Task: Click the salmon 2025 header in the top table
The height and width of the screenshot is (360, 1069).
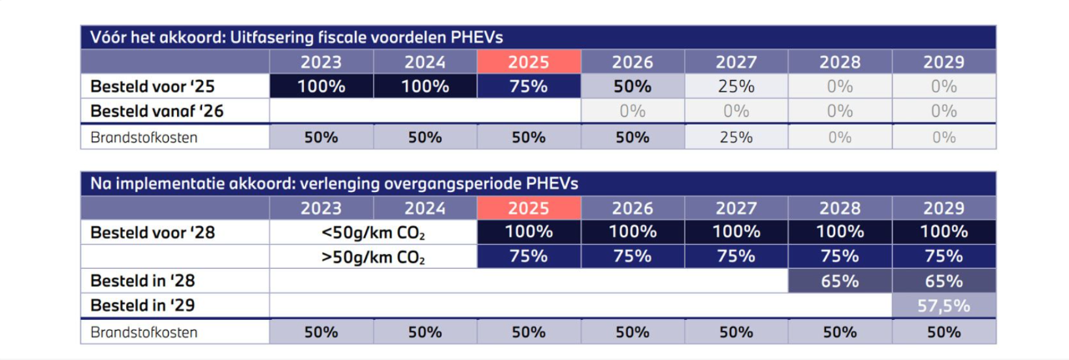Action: [x=529, y=62]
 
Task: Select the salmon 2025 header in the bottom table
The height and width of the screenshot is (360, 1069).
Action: [x=529, y=208]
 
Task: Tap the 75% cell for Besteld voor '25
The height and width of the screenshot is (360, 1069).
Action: [x=529, y=86]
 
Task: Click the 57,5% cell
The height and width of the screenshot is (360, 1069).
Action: [x=944, y=306]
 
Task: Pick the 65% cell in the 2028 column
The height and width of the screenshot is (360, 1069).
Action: [x=839, y=281]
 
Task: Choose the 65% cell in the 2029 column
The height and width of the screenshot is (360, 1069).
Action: [x=944, y=281]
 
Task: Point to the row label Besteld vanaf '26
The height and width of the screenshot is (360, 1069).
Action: [x=157, y=110]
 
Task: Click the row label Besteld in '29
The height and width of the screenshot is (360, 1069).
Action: [x=143, y=306]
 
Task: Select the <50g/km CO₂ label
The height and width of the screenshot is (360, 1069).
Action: [x=373, y=232]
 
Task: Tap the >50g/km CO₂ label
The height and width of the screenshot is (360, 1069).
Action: [x=373, y=257]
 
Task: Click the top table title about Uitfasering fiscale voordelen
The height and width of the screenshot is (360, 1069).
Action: [x=296, y=37]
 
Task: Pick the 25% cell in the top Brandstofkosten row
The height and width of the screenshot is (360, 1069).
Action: [x=736, y=137]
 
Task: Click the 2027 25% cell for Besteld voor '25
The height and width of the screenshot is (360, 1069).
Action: [x=736, y=86]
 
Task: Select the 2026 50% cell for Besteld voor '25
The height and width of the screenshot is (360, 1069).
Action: [x=632, y=86]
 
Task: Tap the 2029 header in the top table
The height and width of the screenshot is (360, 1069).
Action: [x=944, y=62]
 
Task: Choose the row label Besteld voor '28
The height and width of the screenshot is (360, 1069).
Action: [x=153, y=232]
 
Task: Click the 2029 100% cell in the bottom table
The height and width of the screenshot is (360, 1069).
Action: [x=944, y=232]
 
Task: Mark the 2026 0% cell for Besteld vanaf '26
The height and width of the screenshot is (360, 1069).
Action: [x=632, y=110]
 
